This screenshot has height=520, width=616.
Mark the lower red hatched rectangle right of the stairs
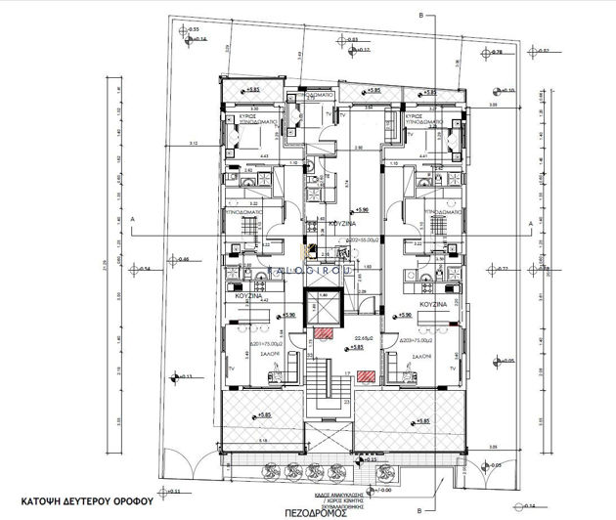click(x=365, y=372)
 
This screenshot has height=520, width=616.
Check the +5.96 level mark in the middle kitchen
click(x=361, y=209)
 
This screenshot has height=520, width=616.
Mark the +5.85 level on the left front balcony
click(x=263, y=416)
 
